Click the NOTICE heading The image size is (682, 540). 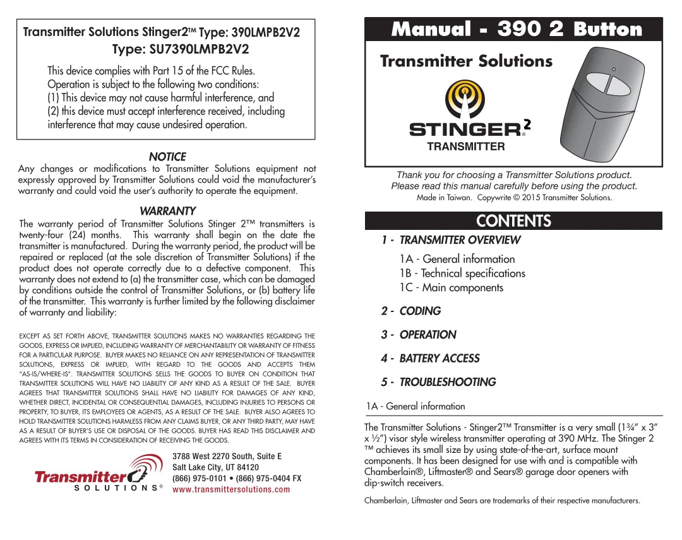coord(167,157)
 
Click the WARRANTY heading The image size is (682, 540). coord(167,211)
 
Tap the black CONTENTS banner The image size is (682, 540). coord(513,220)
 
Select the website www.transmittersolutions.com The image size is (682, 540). coord(231,489)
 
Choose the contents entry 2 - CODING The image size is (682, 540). coord(411,311)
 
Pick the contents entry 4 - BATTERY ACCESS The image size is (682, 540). coord(430,358)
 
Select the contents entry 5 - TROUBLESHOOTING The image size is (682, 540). coord(438,382)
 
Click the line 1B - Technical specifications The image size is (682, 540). coord(462,273)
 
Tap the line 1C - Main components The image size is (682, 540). coord(452,288)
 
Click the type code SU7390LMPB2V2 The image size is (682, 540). coord(199,49)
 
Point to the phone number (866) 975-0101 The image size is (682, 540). coord(201,478)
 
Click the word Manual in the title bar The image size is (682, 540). coord(431,29)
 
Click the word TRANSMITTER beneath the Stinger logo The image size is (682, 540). coord(466,147)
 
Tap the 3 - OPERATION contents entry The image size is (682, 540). coord(419,335)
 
